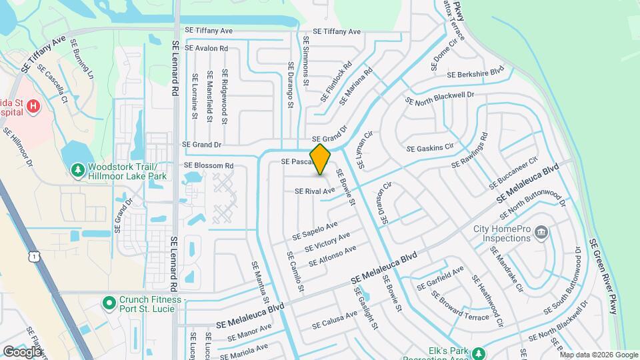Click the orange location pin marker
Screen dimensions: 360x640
[x=320, y=159]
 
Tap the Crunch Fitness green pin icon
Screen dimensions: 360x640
[x=108, y=303]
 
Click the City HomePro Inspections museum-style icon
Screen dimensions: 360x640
[x=541, y=233]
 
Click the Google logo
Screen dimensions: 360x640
[x=22, y=351]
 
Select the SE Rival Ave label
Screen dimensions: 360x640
[x=315, y=191]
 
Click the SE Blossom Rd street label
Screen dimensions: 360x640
[x=209, y=165]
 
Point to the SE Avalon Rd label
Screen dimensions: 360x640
[x=206, y=49]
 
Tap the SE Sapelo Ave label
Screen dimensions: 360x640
[x=315, y=231]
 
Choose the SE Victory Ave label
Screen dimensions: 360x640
[x=327, y=242]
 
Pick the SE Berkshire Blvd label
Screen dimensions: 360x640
[x=477, y=73]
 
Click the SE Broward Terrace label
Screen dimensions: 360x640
[x=464, y=307]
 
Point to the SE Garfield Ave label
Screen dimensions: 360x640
[x=440, y=278]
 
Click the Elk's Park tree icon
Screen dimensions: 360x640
[x=478, y=353]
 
